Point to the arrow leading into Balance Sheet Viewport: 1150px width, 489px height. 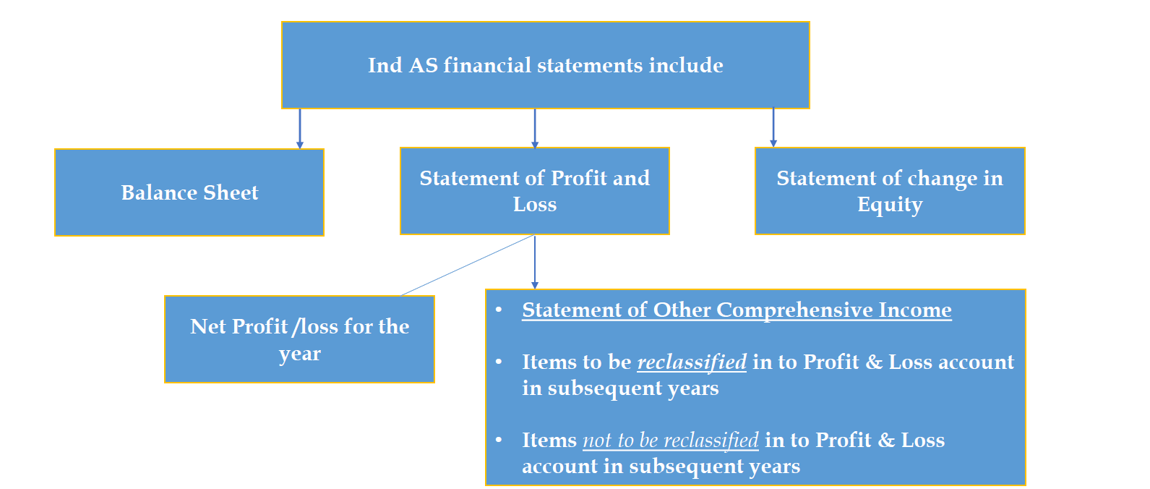point(300,130)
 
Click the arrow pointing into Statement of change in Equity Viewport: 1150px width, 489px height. point(773,129)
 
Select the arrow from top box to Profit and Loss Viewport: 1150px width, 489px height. point(535,129)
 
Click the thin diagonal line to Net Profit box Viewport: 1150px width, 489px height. point(466,265)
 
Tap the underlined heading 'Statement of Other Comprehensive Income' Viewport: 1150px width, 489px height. point(737,310)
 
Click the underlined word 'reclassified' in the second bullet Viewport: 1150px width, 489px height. point(692,362)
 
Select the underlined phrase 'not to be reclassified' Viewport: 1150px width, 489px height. point(671,440)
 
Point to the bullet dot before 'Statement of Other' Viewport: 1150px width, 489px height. point(499,310)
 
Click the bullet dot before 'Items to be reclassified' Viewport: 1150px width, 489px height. point(499,362)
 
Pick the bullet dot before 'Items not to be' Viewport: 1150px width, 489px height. point(499,440)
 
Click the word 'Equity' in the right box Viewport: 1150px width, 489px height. point(890,205)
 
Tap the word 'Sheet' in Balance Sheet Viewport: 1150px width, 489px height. point(231,192)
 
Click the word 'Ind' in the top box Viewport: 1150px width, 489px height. point(385,65)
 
